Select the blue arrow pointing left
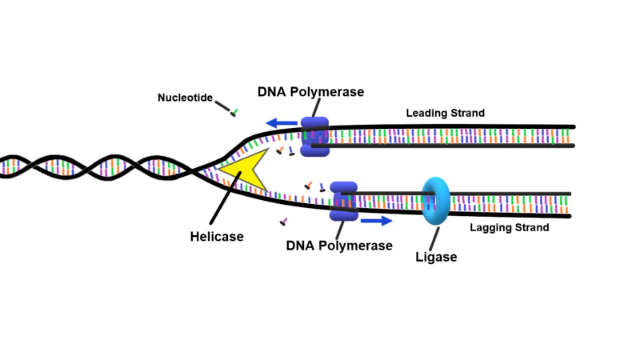click(x=282, y=123)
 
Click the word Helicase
click(x=217, y=237)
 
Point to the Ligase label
click(x=436, y=257)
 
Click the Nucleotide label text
click(x=185, y=98)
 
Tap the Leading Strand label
click(x=445, y=113)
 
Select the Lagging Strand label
click(x=509, y=228)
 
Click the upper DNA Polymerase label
click(x=311, y=92)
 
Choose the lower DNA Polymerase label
click(x=339, y=246)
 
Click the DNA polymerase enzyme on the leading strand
click(x=315, y=137)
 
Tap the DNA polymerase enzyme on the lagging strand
click(x=344, y=201)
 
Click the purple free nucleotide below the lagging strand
click(x=284, y=221)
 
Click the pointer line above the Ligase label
click(x=434, y=239)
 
